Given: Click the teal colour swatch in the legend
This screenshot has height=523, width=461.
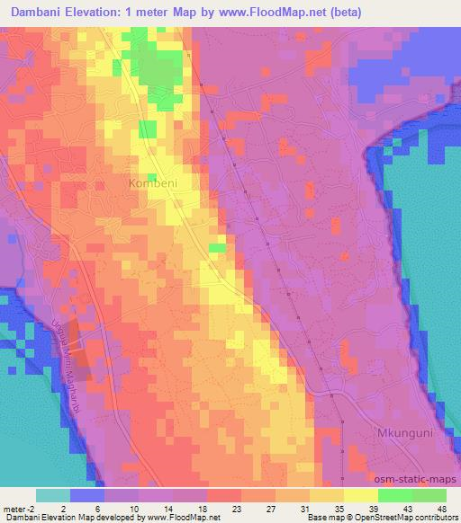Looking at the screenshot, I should [53, 495].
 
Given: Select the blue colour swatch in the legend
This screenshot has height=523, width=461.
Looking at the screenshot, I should [87, 495].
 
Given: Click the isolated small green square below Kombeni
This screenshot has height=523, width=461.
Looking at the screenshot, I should [217, 247].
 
